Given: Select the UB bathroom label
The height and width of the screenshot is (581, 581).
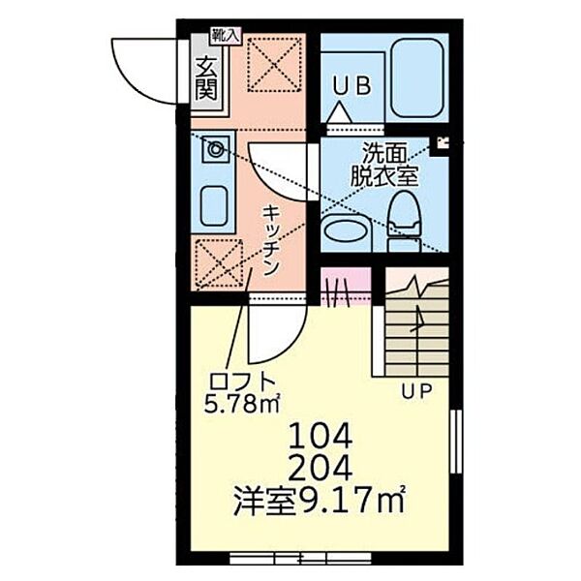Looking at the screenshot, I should (352, 86).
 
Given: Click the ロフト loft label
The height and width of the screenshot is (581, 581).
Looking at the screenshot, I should (235, 381).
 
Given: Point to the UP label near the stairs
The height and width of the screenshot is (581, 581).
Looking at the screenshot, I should (418, 390).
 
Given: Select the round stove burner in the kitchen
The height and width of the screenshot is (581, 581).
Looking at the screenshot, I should (215, 149).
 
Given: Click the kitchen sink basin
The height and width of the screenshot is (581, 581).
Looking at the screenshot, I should (214, 204).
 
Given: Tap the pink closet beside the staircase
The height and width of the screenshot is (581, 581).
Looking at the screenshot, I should (346, 288).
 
